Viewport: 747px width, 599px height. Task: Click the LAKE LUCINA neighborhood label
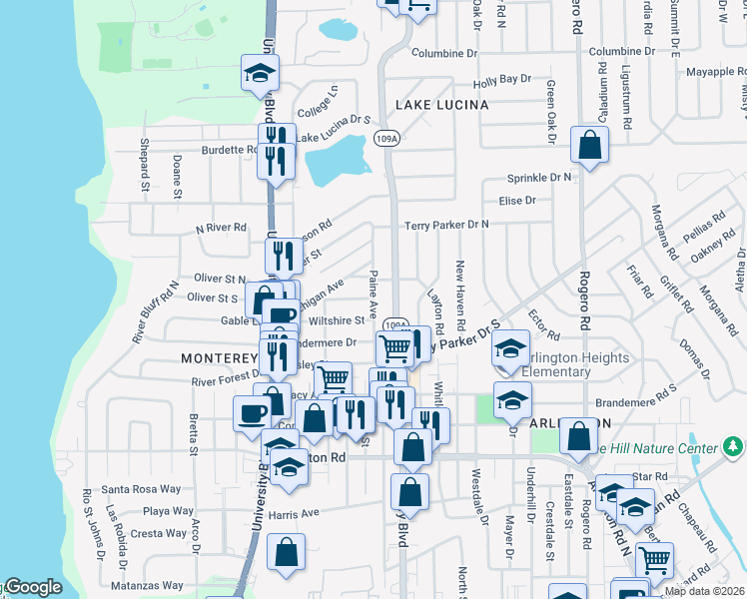(441, 105)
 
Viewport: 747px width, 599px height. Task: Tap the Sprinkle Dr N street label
(540, 177)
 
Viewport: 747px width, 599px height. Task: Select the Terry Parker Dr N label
(446, 225)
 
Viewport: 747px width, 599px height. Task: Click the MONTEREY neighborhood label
(219, 357)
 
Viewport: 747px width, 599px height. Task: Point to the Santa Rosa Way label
(141, 489)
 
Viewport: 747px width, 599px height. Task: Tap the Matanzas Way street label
(147, 585)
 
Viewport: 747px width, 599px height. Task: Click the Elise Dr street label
(517, 200)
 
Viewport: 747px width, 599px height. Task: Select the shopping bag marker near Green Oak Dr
(590, 144)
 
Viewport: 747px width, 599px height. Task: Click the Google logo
(32, 588)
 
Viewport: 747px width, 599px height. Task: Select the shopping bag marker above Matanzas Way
(286, 555)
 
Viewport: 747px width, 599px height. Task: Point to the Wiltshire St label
(338, 321)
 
